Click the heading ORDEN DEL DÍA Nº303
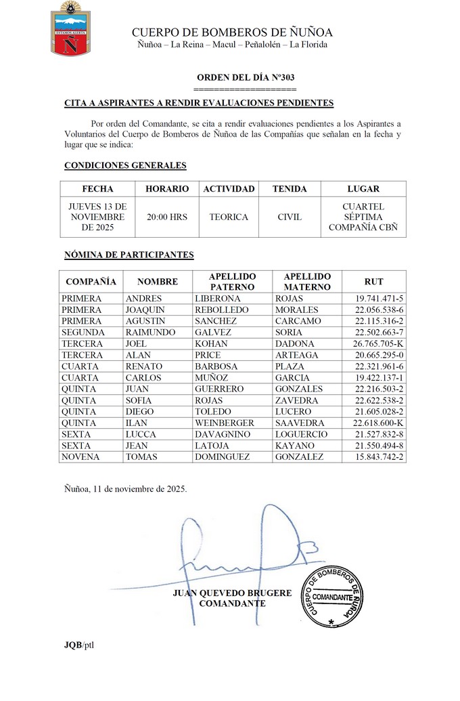pyautogui.click(x=245, y=78)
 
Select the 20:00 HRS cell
pyautogui.click(x=167, y=217)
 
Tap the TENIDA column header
pyautogui.click(x=290, y=189)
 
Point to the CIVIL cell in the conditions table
pyautogui.click(x=290, y=217)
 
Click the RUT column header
pyautogui.click(x=373, y=281)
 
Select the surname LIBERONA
pyautogui.click(x=217, y=299)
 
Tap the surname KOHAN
pyautogui.click(x=212, y=344)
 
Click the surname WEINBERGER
pyautogui.click(x=225, y=423)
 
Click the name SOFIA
pyautogui.click(x=140, y=400)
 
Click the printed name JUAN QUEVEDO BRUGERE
pyautogui.click(x=232, y=593)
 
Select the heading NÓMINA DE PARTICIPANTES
pyautogui.click(x=129, y=255)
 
